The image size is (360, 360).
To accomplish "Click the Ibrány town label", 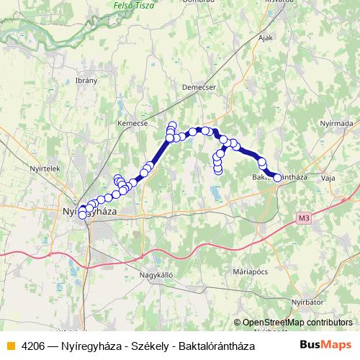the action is pos(86,81).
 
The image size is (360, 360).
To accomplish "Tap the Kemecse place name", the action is pos(132,123).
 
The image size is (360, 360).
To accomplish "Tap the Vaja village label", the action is pos(328,176).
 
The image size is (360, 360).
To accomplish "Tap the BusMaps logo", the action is pos(326,345).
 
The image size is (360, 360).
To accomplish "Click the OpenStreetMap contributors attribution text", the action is pos(297,323).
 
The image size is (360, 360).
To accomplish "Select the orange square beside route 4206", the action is pos(10,346).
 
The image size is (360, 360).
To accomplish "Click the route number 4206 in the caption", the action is pos(37,346).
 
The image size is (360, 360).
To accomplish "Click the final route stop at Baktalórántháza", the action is pos(277,178).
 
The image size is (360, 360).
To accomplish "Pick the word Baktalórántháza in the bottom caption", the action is pos(215,346).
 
